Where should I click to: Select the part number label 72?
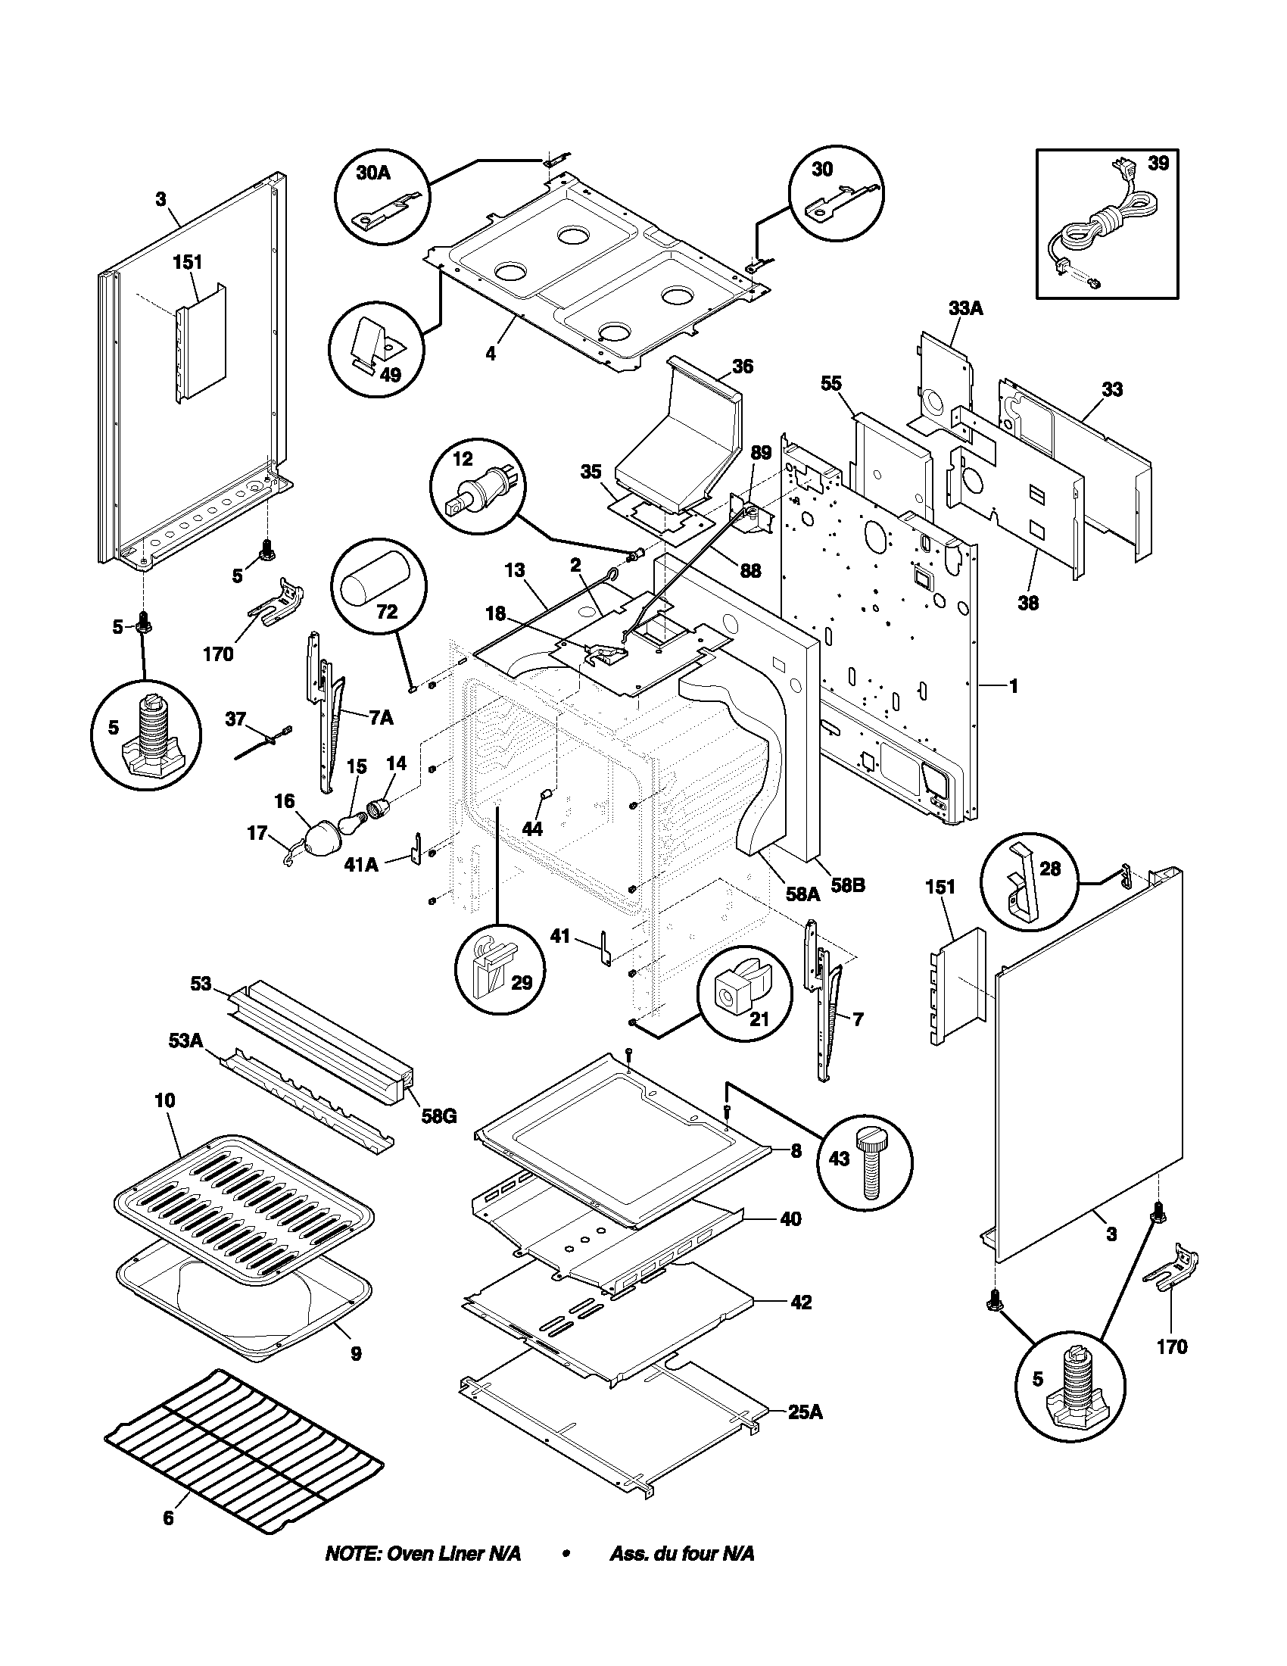(387, 612)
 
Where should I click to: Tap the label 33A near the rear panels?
(964, 308)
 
